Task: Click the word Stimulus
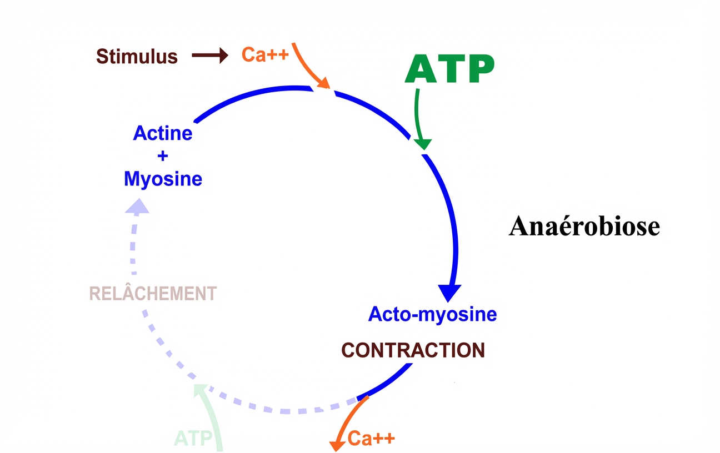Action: coord(137,56)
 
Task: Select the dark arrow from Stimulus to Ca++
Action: coord(209,55)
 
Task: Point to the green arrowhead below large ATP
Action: coord(423,143)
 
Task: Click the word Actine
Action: coord(163,133)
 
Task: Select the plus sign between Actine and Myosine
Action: coord(163,156)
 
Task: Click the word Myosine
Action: coord(163,179)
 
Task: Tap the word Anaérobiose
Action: coord(584,226)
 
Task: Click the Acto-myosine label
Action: coord(432,314)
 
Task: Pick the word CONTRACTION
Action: coord(413,350)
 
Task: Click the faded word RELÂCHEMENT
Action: coord(153,293)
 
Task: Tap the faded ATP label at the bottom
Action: coord(193,439)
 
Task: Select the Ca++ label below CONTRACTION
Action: coord(371,438)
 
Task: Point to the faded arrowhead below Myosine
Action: coord(137,207)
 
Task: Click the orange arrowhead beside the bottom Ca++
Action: coord(336,445)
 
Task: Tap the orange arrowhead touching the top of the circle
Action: coord(324,84)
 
